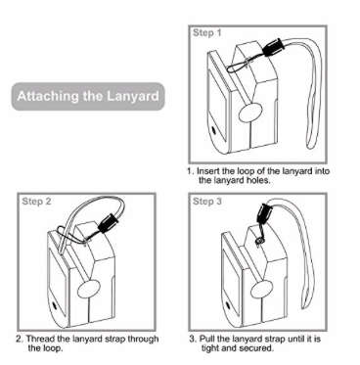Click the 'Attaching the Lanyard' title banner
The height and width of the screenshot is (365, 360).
coord(88,97)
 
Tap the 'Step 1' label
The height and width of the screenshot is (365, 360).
coord(207,32)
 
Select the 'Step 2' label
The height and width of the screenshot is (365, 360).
coord(36,202)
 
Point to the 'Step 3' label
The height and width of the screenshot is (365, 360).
coord(207,202)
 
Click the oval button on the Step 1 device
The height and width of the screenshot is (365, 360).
coord(250,113)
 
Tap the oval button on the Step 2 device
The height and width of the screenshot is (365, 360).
coord(89,289)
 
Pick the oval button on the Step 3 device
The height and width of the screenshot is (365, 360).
coord(261,290)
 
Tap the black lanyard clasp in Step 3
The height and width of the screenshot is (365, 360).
coord(263,212)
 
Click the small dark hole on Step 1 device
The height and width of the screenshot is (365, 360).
coord(214,130)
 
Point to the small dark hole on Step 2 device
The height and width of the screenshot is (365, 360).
coord(54,306)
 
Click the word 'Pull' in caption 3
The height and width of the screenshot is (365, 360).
coord(206,339)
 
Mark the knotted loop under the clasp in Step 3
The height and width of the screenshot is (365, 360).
coord(258,241)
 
